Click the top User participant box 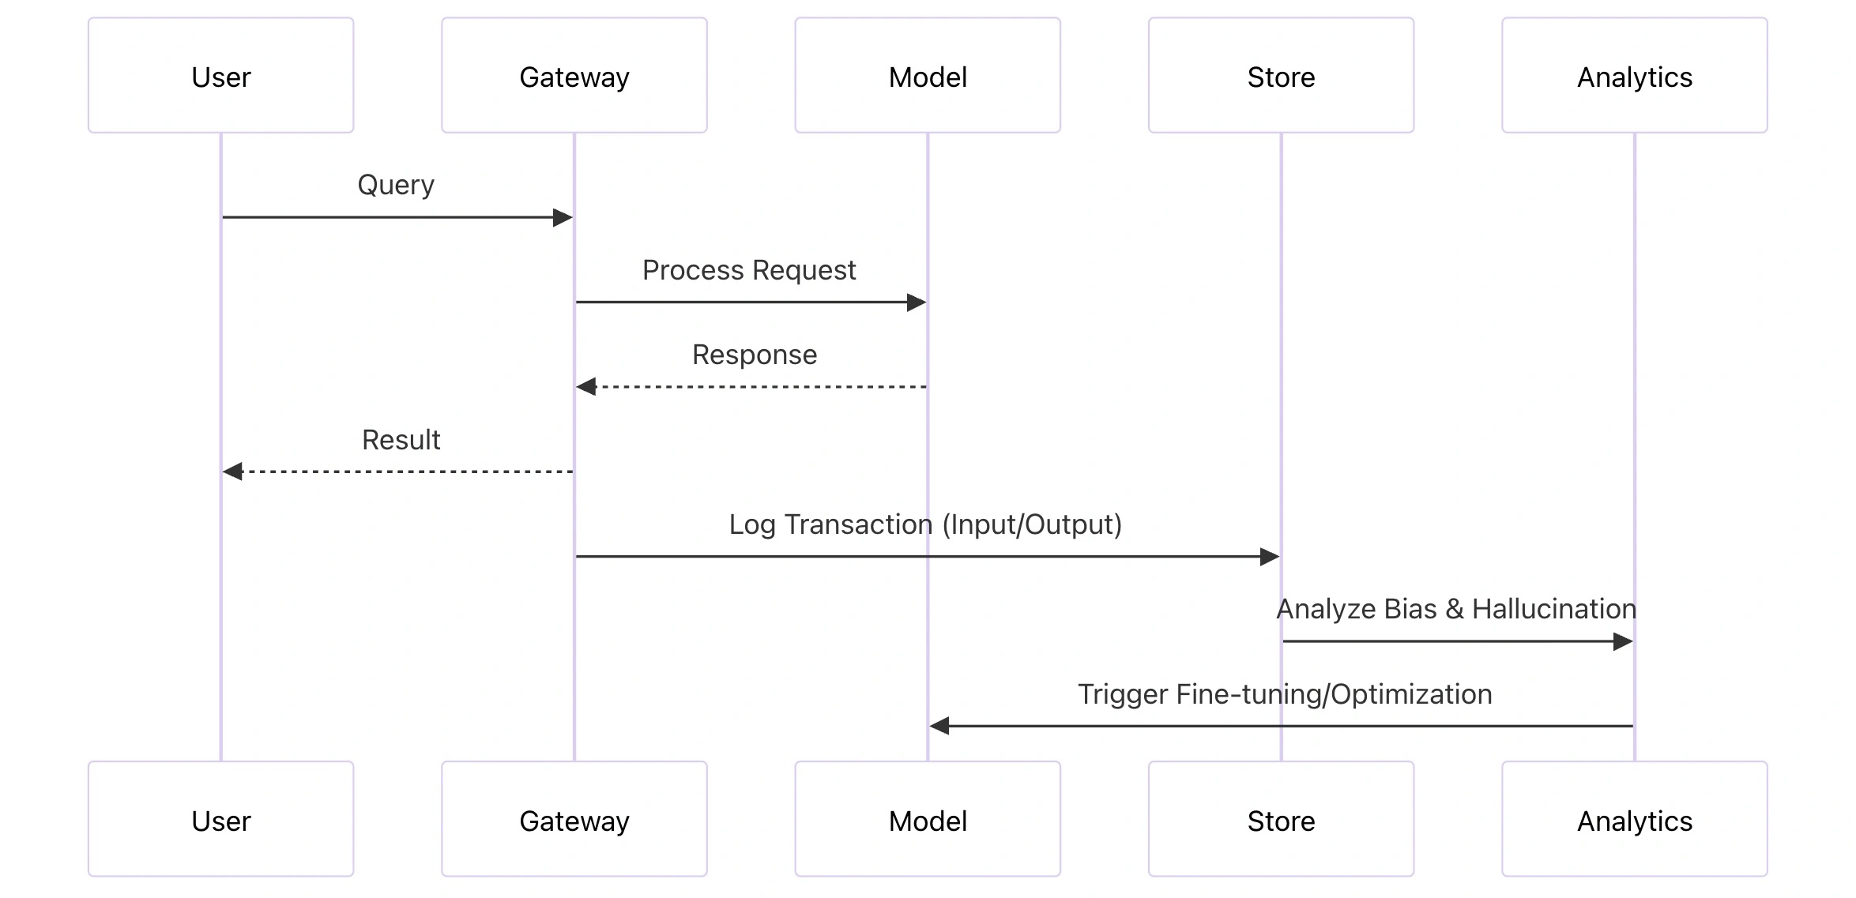point(220,76)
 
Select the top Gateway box point(574,76)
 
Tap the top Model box point(927,76)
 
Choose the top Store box point(1281,76)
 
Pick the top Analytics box point(1634,76)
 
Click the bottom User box point(220,819)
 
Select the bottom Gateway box point(574,819)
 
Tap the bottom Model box point(927,819)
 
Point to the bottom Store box point(1281,819)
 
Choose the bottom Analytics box point(1634,819)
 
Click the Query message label point(396,185)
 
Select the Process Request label point(748,270)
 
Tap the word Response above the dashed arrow point(754,355)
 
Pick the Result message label point(401,440)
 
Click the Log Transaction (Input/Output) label point(925,524)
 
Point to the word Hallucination point(1553,609)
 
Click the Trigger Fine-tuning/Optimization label point(1285,694)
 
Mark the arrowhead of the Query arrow point(563,217)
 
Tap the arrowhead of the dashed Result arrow point(232,472)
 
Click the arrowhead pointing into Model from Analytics point(939,726)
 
